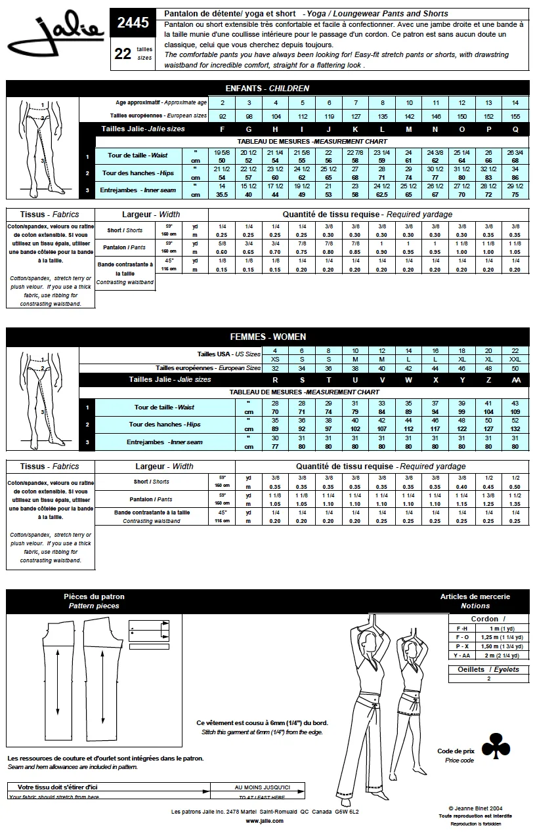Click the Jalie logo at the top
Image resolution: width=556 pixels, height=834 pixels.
pyautogui.click(x=56, y=35)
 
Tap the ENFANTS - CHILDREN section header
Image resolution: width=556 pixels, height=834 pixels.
pyautogui.click(x=267, y=88)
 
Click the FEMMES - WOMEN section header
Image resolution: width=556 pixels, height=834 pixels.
pyautogui.click(x=267, y=337)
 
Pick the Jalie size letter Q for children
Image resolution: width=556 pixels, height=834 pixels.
pyautogui.click(x=515, y=129)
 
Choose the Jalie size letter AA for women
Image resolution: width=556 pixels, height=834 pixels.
pyautogui.click(x=515, y=379)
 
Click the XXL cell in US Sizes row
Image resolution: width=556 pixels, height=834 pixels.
pyautogui.click(x=515, y=360)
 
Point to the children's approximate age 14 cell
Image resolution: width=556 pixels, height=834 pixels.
pyautogui.click(x=515, y=103)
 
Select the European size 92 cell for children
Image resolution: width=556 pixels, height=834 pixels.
pyautogui.click(x=223, y=116)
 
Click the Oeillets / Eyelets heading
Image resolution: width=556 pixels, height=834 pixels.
pyautogui.click(x=488, y=669)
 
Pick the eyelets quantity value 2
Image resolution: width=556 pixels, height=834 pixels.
pyautogui.click(x=488, y=678)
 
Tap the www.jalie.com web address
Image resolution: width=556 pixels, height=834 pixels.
pyautogui.click(x=265, y=820)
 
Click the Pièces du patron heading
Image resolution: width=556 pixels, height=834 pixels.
pyautogui.click(x=94, y=596)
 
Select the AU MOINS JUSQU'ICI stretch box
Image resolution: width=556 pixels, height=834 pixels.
pyautogui.click(x=262, y=787)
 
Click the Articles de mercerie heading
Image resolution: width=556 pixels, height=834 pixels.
pyautogui.click(x=475, y=596)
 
